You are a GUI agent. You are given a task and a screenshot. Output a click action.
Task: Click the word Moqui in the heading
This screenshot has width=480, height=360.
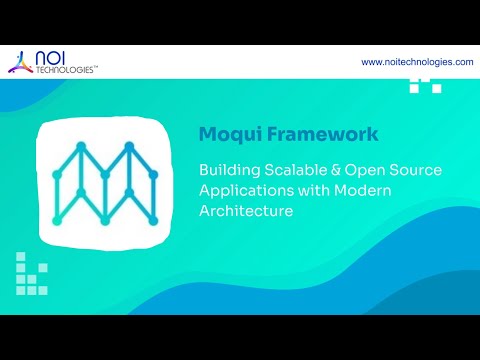(x=228, y=133)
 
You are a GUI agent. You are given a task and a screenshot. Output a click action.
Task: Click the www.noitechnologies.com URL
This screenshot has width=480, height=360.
(x=417, y=62)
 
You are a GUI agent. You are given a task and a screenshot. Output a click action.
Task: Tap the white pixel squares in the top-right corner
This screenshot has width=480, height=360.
(x=425, y=85)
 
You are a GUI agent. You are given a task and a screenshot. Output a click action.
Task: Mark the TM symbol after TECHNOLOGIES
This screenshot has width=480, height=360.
(x=96, y=69)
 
